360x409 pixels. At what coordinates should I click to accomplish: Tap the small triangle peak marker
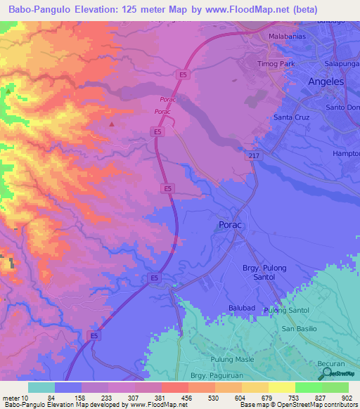112,124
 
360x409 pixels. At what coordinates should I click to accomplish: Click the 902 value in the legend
348,398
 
